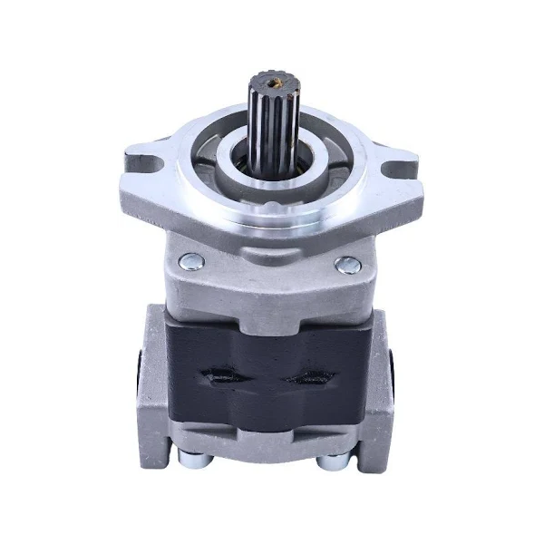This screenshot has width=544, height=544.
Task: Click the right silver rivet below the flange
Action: pos(346,265)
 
